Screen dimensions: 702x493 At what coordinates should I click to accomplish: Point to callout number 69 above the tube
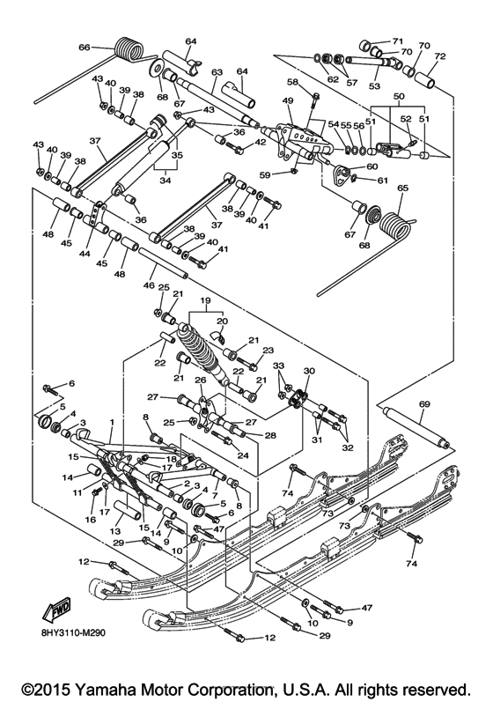click(423, 403)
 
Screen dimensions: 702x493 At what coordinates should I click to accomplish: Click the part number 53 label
click(373, 86)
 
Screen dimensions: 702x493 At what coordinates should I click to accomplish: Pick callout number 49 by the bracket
click(287, 101)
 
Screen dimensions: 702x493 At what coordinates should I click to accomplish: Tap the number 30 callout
click(308, 371)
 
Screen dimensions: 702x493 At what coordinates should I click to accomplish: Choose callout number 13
click(116, 531)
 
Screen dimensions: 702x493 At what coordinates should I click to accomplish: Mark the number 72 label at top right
click(440, 56)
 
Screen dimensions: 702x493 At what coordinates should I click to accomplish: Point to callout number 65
click(404, 188)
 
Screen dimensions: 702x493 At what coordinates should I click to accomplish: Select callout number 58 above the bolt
click(292, 81)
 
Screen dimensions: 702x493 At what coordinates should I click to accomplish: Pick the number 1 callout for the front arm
click(112, 424)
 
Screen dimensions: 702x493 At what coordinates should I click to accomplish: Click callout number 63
click(216, 72)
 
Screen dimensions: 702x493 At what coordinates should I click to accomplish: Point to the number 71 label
click(397, 41)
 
